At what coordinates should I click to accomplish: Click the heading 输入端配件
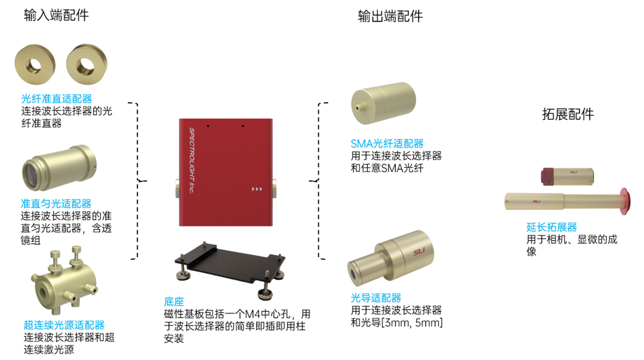click(x=56, y=15)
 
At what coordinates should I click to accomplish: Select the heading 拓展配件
click(x=568, y=114)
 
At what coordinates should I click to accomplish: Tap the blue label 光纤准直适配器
click(x=56, y=98)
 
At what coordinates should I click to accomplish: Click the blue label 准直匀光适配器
click(x=56, y=204)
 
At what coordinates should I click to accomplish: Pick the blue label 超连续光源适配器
click(x=64, y=325)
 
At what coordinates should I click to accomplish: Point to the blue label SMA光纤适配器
click(x=387, y=144)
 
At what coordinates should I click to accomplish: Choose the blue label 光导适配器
click(x=376, y=298)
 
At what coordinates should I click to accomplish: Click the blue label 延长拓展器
click(x=552, y=228)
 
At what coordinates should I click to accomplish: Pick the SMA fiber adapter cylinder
click(x=382, y=105)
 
